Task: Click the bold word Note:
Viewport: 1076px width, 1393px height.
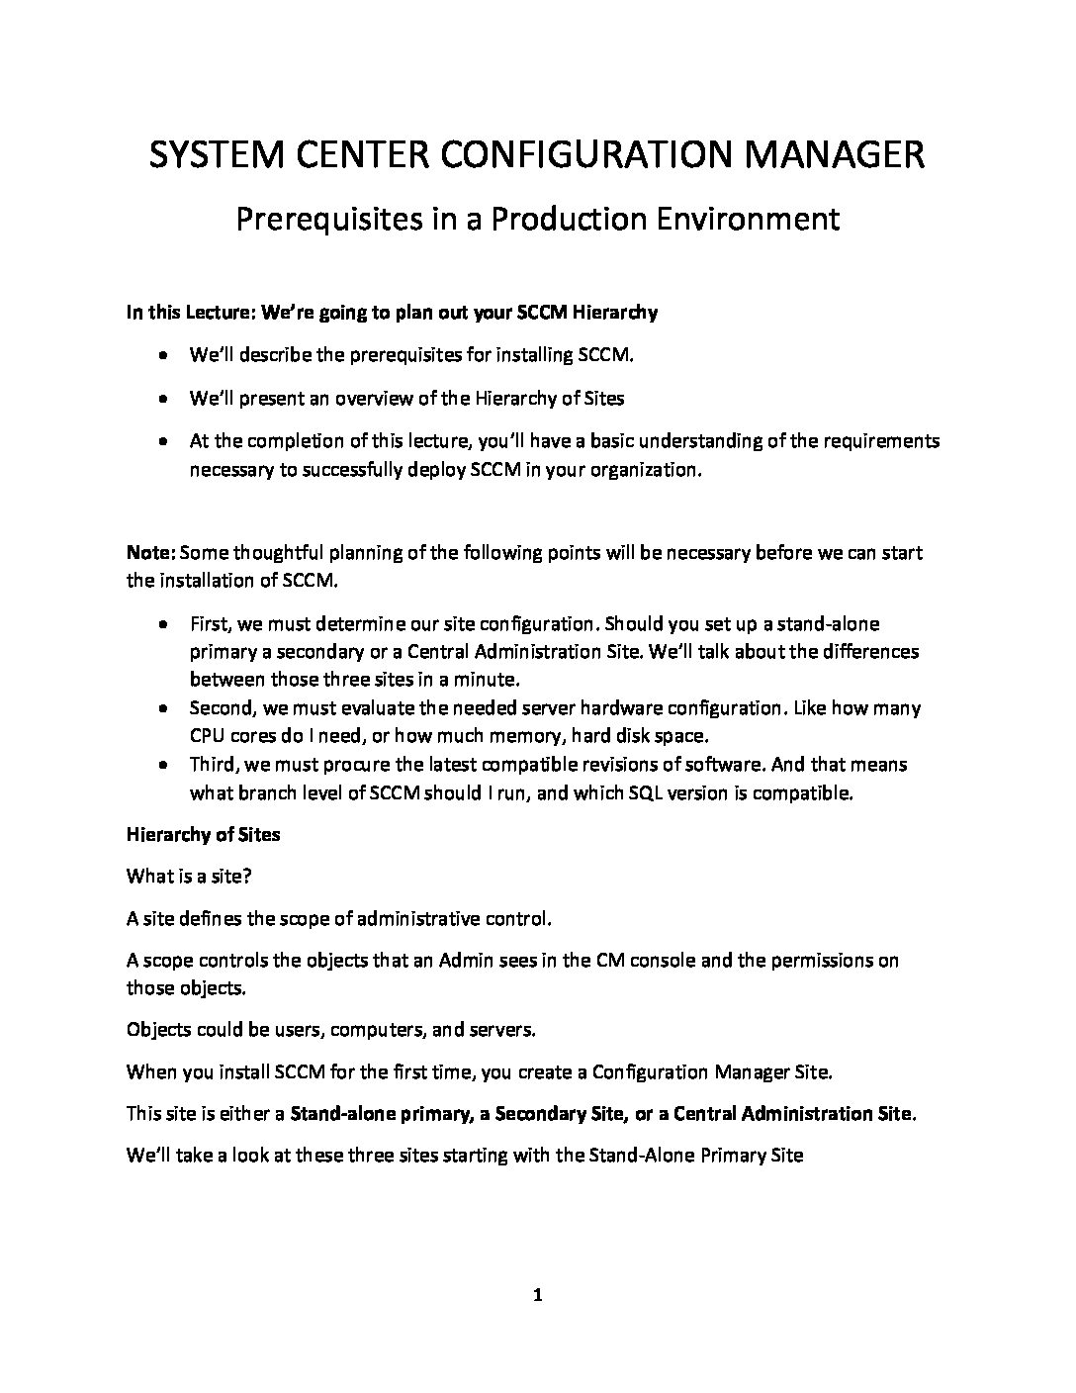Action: click(x=150, y=552)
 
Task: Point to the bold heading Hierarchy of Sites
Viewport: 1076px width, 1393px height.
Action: click(x=203, y=834)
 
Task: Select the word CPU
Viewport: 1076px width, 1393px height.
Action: click(x=206, y=736)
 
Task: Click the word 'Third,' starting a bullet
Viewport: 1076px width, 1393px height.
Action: click(x=215, y=765)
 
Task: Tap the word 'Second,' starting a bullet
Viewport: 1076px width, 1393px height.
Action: click(x=223, y=708)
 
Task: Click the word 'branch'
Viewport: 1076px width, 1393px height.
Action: click(x=261, y=792)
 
